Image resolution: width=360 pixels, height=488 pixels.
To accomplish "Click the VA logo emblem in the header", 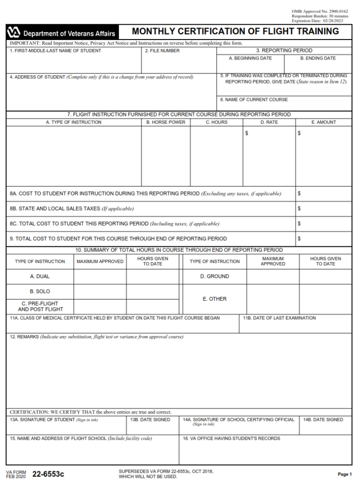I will [x=14, y=33].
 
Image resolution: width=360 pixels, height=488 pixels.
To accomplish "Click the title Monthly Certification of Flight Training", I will [x=235, y=31].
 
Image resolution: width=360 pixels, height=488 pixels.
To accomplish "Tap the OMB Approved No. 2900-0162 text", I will [x=320, y=11].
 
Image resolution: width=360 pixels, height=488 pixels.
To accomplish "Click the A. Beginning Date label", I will [x=250, y=58].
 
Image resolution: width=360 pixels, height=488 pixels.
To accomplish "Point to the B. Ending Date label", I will [x=318, y=58].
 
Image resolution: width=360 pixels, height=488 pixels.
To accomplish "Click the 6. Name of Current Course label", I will [x=254, y=100].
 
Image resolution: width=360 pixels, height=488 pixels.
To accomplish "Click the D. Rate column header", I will [x=269, y=122].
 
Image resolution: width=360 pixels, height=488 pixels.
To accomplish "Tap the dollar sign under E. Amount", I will [x=299, y=133].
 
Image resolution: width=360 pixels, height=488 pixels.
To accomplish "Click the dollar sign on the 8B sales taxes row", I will [x=299, y=209].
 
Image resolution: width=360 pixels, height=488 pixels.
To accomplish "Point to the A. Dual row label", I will [x=40, y=276].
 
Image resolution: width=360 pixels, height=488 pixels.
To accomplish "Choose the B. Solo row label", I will [x=40, y=291].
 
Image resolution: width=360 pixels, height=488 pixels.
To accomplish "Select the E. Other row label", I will [x=214, y=299].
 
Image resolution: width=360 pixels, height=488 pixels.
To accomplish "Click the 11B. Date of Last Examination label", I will [x=279, y=318].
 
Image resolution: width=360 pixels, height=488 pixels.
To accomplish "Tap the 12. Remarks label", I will [x=23, y=337].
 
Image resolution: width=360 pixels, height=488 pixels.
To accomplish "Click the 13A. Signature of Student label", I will [x=42, y=420].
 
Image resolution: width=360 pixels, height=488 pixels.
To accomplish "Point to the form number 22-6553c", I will [x=48, y=474].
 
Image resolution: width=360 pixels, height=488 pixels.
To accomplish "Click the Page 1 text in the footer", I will [x=344, y=474].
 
